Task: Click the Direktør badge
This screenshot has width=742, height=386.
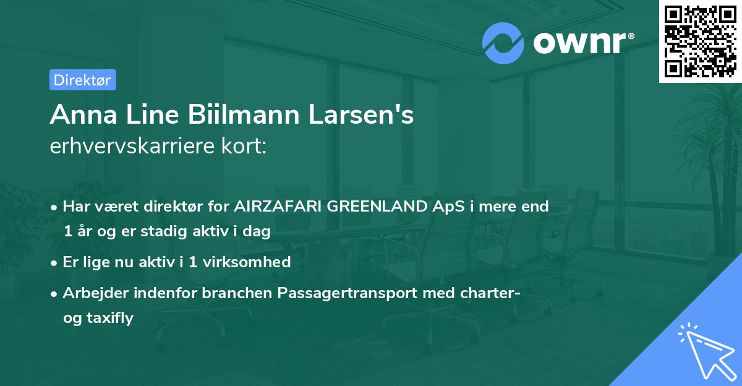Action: pyautogui.click(x=82, y=80)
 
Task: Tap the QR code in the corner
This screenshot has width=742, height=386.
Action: pyautogui.click(x=700, y=41)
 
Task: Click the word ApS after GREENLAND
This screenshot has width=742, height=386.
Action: pyautogui.click(x=449, y=207)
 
